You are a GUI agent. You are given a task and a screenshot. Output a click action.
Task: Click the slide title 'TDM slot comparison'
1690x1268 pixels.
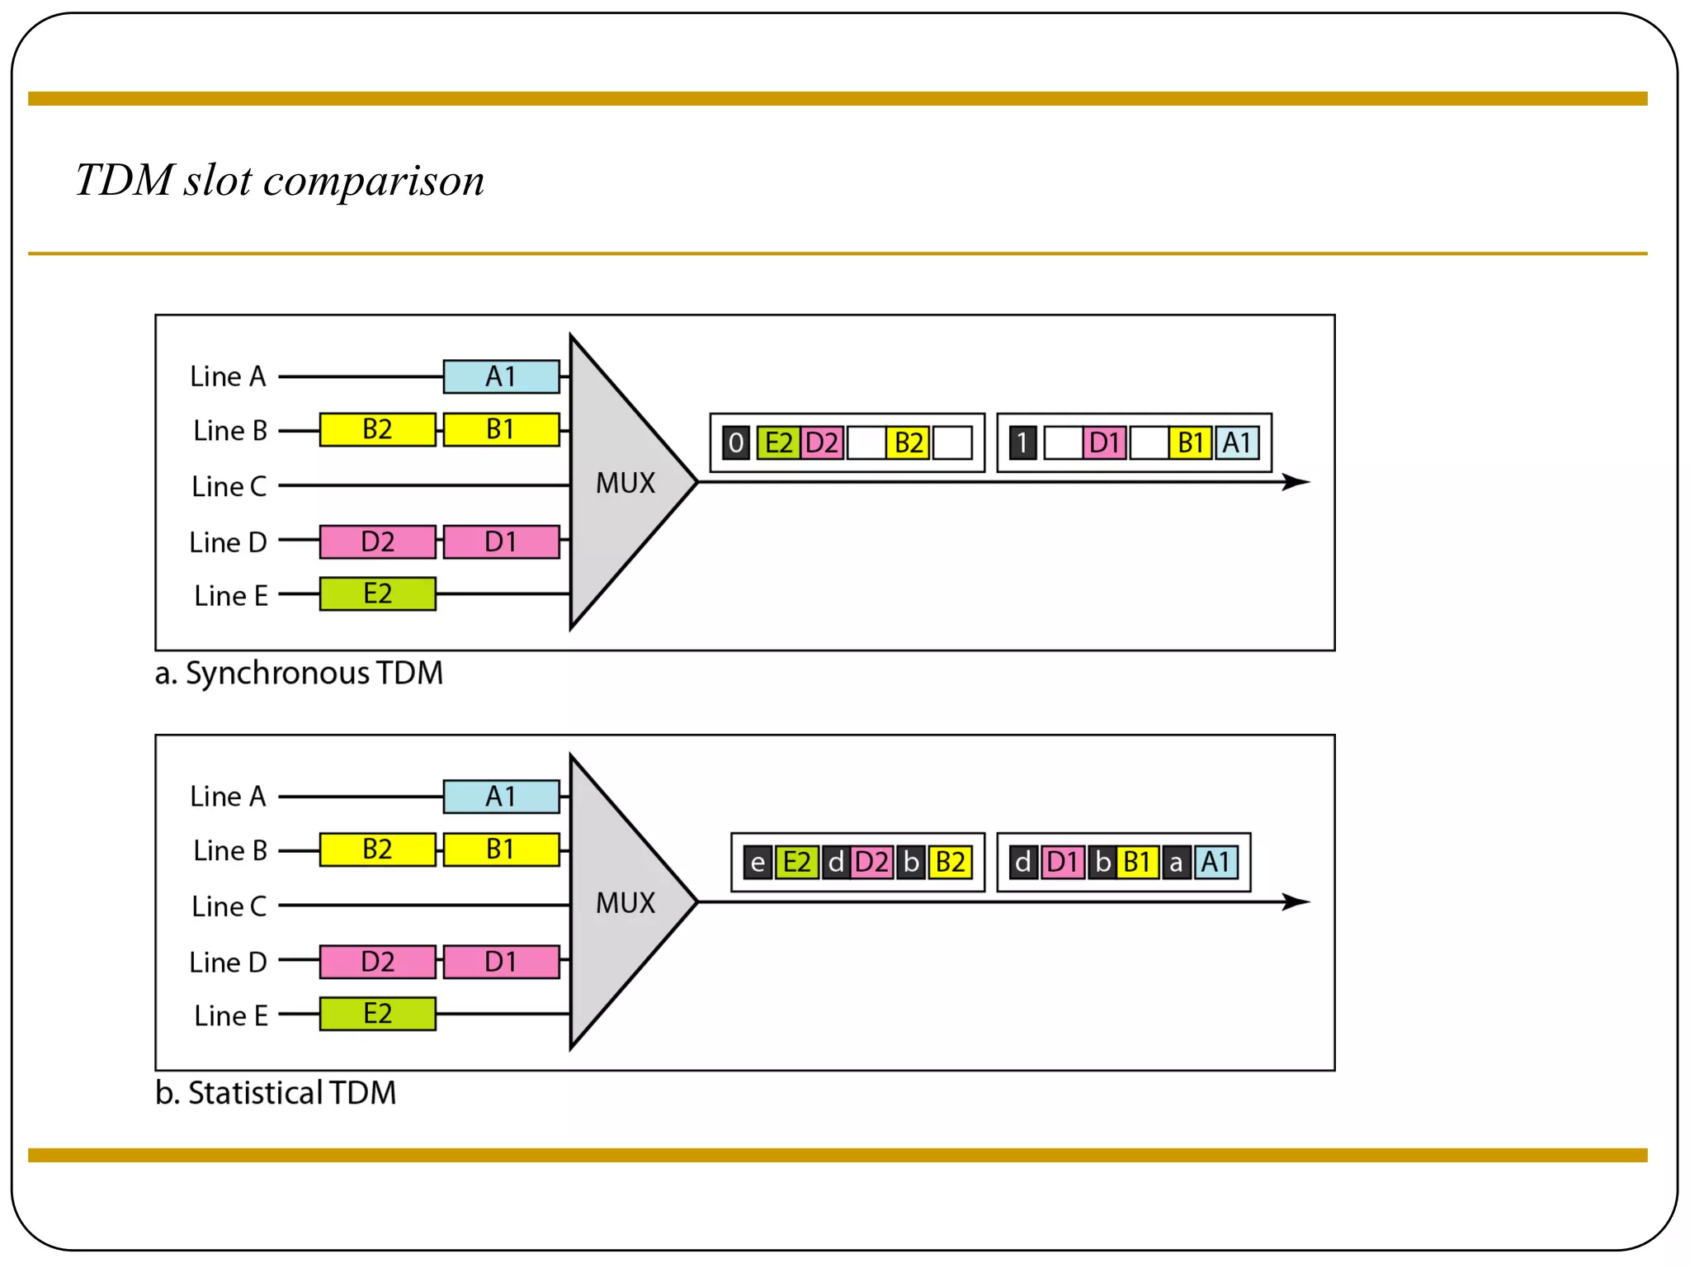(x=280, y=180)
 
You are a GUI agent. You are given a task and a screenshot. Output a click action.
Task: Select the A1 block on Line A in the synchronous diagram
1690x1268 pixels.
(x=501, y=376)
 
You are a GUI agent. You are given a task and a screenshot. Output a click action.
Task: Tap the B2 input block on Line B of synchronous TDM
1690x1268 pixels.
(x=377, y=429)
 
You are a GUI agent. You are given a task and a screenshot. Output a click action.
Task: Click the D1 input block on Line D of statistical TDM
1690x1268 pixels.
(x=501, y=962)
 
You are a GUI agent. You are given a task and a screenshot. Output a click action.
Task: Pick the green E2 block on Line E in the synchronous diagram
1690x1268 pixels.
(x=377, y=594)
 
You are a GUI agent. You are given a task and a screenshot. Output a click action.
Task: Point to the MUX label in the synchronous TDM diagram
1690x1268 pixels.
(x=625, y=483)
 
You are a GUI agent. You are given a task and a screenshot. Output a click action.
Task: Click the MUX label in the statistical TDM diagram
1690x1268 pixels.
(x=625, y=903)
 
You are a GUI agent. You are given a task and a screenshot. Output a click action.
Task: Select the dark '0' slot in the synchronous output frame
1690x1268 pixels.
(x=735, y=443)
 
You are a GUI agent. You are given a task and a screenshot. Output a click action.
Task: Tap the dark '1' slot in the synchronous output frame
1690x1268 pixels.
(x=1022, y=443)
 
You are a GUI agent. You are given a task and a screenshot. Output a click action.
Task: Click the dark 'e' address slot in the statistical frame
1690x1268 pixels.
(x=758, y=863)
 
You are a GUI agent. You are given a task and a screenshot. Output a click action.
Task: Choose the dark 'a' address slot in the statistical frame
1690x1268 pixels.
(x=1176, y=863)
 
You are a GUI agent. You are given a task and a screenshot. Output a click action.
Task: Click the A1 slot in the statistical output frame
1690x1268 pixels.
(x=1216, y=863)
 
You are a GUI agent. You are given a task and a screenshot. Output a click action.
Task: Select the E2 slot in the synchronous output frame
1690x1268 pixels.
(x=778, y=443)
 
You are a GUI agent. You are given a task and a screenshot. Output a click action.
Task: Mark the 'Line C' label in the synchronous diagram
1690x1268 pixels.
(x=229, y=486)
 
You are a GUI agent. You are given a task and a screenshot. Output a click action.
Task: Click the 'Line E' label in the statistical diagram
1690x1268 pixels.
(x=231, y=1015)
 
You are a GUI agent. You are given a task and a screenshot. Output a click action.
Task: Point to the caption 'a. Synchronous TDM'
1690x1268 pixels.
(x=299, y=673)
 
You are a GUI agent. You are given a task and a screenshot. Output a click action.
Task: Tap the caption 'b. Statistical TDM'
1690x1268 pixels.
(x=276, y=1093)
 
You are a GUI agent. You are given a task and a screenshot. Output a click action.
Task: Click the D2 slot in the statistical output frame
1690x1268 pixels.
(x=871, y=863)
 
